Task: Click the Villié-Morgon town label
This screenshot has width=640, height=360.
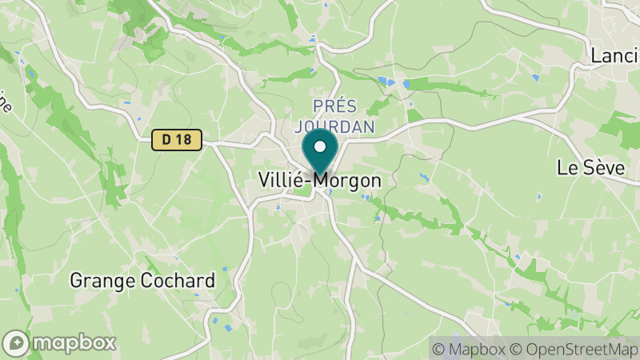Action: coord(320,181)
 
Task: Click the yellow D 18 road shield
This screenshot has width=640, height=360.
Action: coord(176,140)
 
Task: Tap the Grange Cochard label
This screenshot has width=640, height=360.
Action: coord(142,281)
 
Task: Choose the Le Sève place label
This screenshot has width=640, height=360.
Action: coord(590,168)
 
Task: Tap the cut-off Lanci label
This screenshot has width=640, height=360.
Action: coord(614,55)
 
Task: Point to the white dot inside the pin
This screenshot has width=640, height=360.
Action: coord(321,147)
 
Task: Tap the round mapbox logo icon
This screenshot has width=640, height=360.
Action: coord(17,342)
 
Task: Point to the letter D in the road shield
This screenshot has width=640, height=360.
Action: coord(166,140)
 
